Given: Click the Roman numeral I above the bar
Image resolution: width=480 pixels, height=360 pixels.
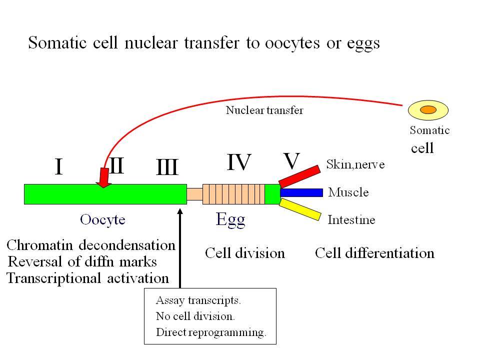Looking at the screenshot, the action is tap(59, 166).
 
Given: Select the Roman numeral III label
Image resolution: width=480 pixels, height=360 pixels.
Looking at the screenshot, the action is tap(167, 167).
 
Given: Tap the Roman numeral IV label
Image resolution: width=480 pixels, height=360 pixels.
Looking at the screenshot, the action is tap(239, 162).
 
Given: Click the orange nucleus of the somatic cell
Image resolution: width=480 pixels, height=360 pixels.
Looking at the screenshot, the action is tap(428, 109).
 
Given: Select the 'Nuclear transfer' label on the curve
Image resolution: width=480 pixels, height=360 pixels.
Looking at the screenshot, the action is tap(264, 110).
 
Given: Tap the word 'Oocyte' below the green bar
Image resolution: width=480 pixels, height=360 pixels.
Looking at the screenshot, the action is tap(102, 220).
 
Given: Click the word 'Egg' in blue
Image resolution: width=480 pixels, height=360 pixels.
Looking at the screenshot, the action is tap(230, 219).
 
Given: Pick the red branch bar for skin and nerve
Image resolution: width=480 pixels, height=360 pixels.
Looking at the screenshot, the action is tap(299, 176).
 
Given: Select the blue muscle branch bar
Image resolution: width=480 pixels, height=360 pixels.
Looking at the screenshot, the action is tap(301, 192).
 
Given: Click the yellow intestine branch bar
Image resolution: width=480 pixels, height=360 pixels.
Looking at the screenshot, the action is tap(300, 209).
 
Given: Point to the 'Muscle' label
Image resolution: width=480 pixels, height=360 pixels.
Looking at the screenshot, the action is tap(348, 192).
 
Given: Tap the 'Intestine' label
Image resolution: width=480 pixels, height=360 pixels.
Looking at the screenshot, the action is tap(351, 220).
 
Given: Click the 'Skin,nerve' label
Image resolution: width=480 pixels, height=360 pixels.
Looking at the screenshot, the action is tap(355, 164).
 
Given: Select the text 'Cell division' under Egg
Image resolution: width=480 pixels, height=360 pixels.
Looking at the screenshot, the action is tap(245, 253).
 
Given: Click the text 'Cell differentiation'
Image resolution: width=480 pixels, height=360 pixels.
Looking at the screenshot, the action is tap(374, 253).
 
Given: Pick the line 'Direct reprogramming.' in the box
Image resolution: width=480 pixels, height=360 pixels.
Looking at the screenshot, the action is tap(211, 332).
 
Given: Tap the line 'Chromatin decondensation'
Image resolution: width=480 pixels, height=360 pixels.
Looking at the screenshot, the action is tap(91, 245).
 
